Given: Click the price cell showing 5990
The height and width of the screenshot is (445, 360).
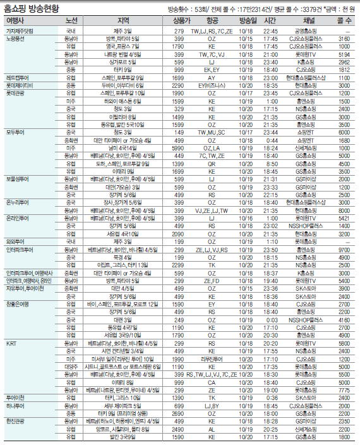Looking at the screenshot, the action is pos(179,147).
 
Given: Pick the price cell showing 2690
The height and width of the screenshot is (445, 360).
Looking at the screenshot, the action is pos(179,413).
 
